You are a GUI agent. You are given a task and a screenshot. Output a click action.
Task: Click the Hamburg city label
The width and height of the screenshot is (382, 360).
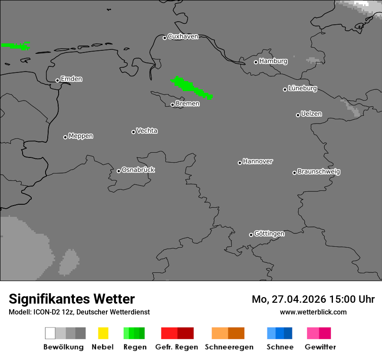[x=273, y=61]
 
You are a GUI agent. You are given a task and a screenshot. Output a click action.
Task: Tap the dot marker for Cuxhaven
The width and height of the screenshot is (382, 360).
[x=165, y=38]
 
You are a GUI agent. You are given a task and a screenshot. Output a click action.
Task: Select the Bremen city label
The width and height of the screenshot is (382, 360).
[x=188, y=104]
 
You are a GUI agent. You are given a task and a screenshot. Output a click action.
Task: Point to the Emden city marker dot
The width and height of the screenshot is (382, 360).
[x=57, y=80]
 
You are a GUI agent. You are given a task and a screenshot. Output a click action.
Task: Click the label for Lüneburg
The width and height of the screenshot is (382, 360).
[x=303, y=88]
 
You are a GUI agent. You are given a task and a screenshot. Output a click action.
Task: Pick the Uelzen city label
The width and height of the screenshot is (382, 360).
[x=311, y=114]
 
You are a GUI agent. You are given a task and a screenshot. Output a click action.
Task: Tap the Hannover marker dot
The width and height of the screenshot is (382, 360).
[x=240, y=163]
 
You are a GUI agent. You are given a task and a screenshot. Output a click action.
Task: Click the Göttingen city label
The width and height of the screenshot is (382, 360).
[x=269, y=233]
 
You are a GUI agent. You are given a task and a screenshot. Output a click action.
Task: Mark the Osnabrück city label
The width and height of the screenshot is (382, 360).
[x=138, y=170]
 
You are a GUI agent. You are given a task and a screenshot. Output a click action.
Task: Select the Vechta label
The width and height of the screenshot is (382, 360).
[x=147, y=131]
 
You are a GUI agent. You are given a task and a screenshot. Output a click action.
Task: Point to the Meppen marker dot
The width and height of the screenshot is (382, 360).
[x=65, y=137]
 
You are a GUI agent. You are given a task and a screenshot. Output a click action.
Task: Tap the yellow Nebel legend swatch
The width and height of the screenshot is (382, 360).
[x=103, y=333]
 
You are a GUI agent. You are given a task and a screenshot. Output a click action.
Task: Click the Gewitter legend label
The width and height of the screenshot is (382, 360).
[x=320, y=347]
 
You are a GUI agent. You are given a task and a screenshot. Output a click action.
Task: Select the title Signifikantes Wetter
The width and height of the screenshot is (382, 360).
[x=72, y=299]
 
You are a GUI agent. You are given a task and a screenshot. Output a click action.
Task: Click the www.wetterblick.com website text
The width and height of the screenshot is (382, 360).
[x=313, y=312]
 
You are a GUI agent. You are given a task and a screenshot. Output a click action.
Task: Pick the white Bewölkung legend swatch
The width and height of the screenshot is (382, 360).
[x=50, y=333]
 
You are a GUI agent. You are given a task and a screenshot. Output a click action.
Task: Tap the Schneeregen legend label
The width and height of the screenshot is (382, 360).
[x=229, y=347]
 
